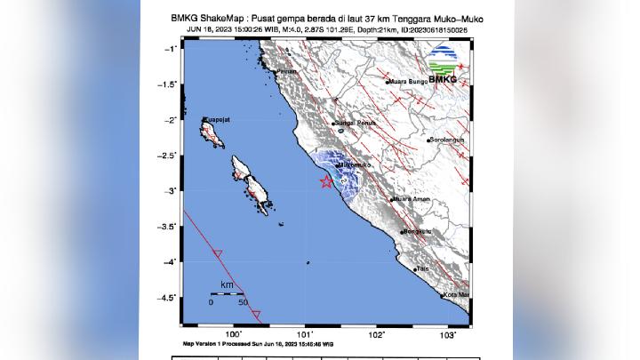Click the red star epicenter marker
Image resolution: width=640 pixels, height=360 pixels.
[x=326, y=181]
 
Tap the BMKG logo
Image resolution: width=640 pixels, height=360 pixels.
[x=442, y=67]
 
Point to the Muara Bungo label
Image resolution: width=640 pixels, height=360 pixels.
[x=408, y=82]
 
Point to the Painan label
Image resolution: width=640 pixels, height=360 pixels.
[x=286, y=70]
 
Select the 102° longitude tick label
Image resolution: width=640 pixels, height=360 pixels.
[x=377, y=335]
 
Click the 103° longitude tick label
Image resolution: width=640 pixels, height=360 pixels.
[x=449, y=335]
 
